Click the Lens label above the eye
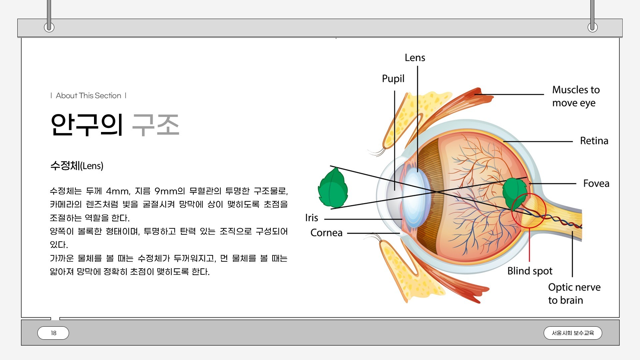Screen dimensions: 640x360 (415, 58)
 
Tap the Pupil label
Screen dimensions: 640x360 (393, 79)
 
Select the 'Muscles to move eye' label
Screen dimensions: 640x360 (576, 96)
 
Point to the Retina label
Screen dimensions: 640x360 (594, 141)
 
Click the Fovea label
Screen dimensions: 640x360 (596, 183)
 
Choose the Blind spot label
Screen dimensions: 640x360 (530, 271)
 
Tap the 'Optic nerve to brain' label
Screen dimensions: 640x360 (574, 294)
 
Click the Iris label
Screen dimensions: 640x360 (312, 218)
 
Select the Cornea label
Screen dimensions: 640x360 (326, 233)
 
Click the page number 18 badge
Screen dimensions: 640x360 (53, 333)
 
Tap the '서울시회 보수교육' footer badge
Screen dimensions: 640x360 (573, 333)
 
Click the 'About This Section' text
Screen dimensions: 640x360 (88, 96)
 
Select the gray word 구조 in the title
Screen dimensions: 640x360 (156, 125)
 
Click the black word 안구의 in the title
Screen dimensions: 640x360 (87, 125)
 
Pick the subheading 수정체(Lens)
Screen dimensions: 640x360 (77, 166)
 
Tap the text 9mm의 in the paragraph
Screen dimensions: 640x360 (170, 191)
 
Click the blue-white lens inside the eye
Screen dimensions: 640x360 (415, 198)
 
